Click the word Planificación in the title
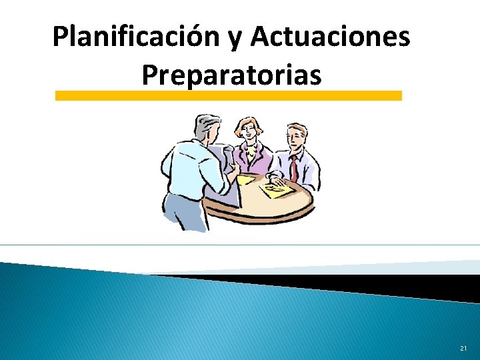[136, 38]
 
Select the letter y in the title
[235, 40]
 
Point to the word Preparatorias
[231, 75]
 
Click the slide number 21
[463, 349]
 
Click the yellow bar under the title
[228, 96]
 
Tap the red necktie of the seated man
[293, 167]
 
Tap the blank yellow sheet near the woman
[246, 179]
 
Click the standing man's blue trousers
[181, 211]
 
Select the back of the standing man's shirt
[183, 167]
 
